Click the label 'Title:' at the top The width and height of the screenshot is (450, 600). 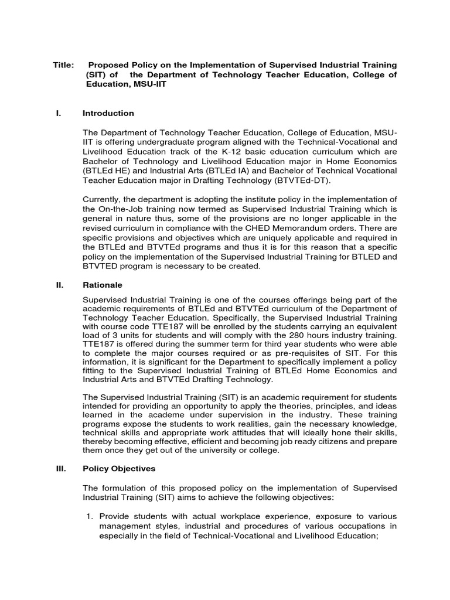63,64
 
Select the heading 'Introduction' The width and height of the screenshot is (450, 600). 108,113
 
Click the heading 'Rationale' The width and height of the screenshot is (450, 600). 103,285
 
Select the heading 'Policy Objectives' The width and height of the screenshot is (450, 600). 119,469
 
